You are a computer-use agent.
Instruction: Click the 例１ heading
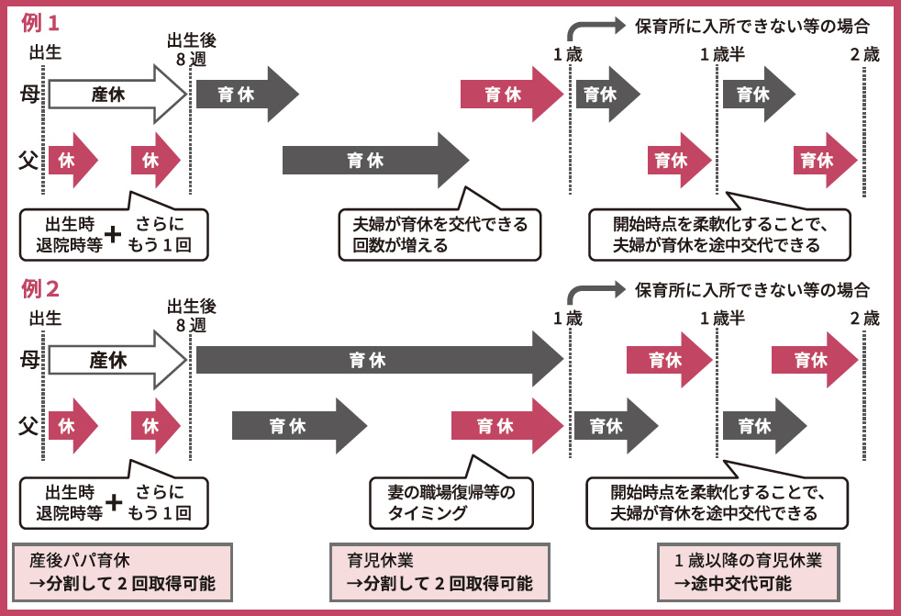[40, 22]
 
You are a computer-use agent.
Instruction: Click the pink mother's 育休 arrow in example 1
[505, 94]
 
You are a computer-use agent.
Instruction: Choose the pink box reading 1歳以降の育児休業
[747, 572]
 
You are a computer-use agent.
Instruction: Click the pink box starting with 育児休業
[439, 572]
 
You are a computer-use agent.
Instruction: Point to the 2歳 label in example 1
[864, 54]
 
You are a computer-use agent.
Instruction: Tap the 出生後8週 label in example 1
[192, 50]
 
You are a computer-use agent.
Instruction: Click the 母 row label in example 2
[28, 359]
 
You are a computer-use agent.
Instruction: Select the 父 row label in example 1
[28, 160]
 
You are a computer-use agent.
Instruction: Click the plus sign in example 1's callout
[113, 235]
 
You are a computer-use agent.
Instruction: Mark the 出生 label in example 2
[45, 319]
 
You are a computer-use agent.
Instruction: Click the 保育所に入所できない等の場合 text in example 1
[751, 26]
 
